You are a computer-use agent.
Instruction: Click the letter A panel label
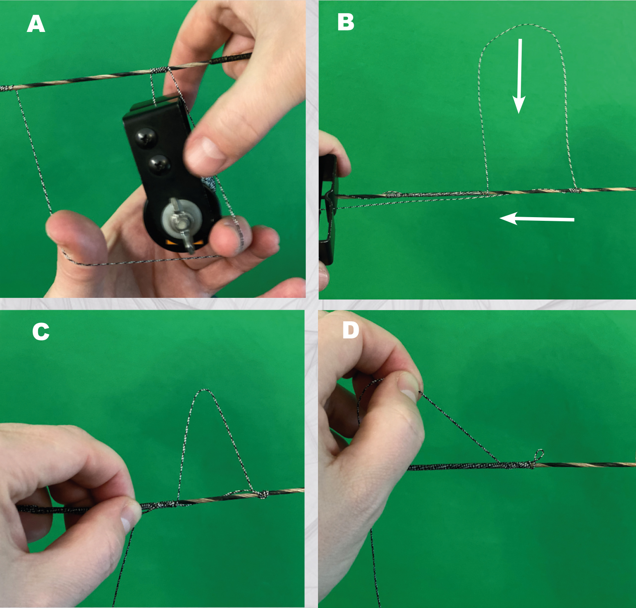pos(36,24)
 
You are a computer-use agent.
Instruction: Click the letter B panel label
pos(345,22)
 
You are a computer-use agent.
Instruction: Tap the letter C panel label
pos(41,332)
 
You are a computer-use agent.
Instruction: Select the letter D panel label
pos(351,330)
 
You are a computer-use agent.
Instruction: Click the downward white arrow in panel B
pos(519,76)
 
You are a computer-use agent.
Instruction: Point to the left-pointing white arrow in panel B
pos(537,219)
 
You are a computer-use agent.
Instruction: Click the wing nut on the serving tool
pos(180,223)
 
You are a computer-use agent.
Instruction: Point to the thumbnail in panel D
pos(409,385)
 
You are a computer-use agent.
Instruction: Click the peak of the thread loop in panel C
pos(204,390)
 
